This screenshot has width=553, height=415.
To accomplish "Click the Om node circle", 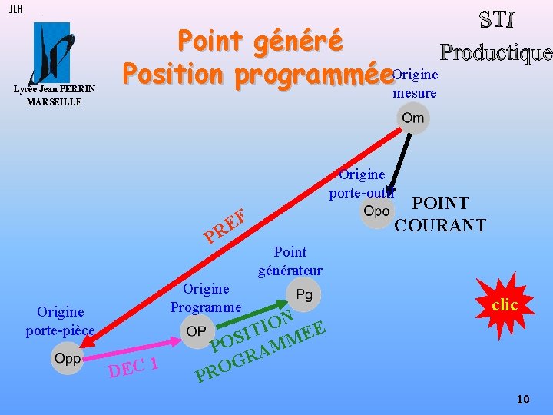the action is (x=412, y=118).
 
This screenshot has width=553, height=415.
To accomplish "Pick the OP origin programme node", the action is (x=196, y=330).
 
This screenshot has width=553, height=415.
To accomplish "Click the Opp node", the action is (x=68, y=359).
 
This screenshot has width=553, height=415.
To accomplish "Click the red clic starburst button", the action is (x=504, y=305).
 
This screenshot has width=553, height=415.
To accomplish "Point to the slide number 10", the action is (x=523, y=399).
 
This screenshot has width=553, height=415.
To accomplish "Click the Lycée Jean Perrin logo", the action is (x=52, y=52).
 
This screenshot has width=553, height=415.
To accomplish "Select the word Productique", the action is (x=495, y=51).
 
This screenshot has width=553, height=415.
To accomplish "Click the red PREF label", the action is (x=224, y=224).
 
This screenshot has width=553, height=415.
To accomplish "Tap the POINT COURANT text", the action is (x=439, y=214).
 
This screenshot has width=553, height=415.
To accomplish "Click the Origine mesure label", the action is (x=415, y=84).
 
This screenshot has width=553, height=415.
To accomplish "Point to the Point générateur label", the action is (x=290, y=261).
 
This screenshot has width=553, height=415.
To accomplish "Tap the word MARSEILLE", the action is (x=54, y=101).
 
